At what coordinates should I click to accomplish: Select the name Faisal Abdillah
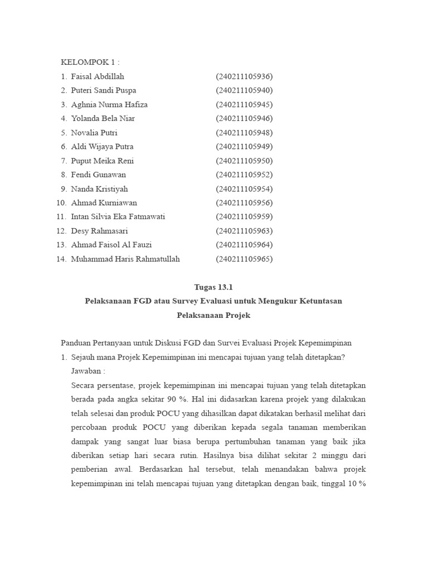coord(98,76)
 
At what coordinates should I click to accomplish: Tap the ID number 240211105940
coord(244,90)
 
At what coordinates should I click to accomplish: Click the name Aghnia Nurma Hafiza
coord(109,104)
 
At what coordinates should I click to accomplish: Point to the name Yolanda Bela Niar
coord(103,118)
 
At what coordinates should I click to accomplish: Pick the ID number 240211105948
coord(244,133)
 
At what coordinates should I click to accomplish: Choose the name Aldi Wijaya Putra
coord(102,147)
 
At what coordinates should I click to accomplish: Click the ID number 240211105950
coord(244,161)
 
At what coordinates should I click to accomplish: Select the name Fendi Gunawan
coord(99,175)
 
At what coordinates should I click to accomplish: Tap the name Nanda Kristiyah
coord(99,189)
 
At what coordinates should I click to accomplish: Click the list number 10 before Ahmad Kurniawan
coord(61,203)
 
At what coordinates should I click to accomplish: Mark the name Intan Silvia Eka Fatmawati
coord(118,217)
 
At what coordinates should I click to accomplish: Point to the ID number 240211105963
coord(244,231)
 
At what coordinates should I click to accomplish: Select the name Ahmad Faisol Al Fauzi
coord(111,245)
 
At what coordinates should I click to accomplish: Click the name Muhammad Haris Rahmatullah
coord(125,259)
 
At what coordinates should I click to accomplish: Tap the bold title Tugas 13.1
coord(213,287)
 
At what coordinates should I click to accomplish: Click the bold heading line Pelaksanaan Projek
coord(213,315)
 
